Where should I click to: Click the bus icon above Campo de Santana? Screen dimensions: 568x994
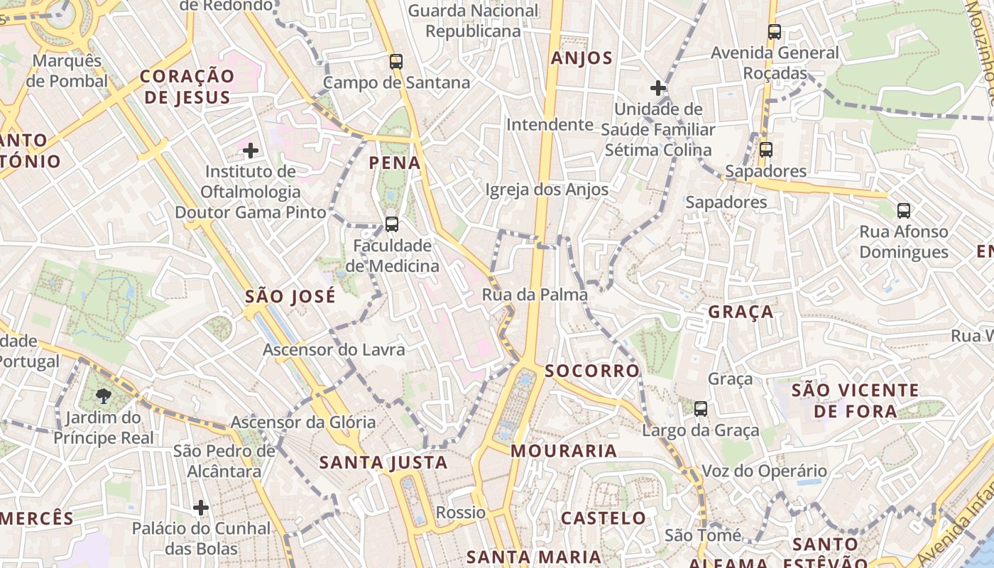pyautogui.click(x=396, y=62)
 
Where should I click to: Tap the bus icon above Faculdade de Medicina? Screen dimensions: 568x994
pyautogui.click(x=391, y=225)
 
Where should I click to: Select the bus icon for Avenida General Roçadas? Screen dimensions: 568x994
pyautogui.click(x=774, y=32)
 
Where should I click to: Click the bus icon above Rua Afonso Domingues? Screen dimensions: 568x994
pyautogui.click(x=903, y=211)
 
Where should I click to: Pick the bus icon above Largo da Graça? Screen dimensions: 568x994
pyautogui.click(x=701, y=409)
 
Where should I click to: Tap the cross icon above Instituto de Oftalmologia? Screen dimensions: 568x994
pyautogui.click(x=250, y=151)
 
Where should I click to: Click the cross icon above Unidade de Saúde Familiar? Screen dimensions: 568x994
pyautogui.click(x=658, y=89)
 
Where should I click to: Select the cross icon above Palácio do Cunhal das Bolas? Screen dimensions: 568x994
pyautogui.click(x=201, y=508)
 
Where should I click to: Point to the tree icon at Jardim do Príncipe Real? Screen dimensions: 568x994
pyautogui.click(x=104, y=395)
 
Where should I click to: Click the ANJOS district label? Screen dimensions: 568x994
pyautogui.click(x=581, y=58)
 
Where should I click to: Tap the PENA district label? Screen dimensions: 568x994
pyautogui.click(x=395, y=163)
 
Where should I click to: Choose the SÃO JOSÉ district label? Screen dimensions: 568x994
pyautogui.click(x=290, y=297)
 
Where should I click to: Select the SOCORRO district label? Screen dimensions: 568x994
pyautogui.click(x=592, y=371)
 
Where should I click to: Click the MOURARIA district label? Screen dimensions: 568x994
pyautogui.click(x=564, y=451)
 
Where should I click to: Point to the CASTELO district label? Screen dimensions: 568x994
pyautogui.click(x=603, y=518)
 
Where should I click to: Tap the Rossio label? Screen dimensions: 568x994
pyautogui.click(x=461, y=512)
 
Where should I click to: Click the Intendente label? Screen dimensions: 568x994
pyautogui.click(x=550, y=125)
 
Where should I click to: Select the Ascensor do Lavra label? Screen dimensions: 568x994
pyautogui.click(x=334, y=349)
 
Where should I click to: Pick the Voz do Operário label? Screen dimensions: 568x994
pyautogui.click(x=764, y=471)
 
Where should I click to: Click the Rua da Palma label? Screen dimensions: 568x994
pyautogui.click(x=535, y=295)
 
